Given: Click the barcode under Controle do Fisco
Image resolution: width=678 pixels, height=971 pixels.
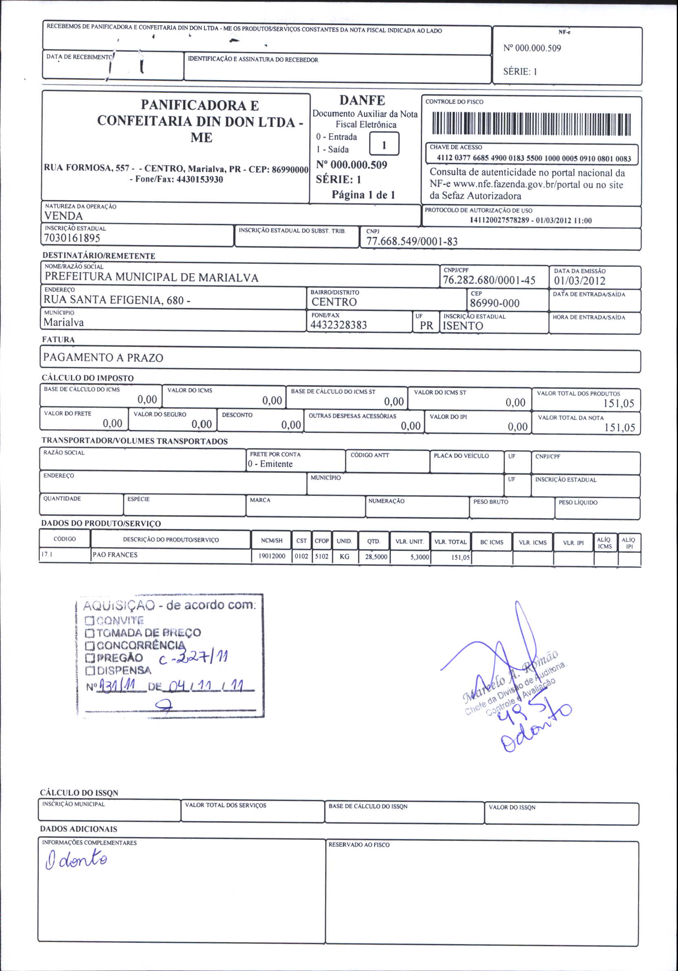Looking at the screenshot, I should click(531, 124).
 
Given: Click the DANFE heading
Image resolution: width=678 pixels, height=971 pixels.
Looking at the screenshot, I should click(362, 100).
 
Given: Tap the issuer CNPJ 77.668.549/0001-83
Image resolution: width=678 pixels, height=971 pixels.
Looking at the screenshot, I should click(412, 241).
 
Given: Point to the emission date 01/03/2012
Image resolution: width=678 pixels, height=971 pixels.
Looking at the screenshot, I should click(579, 281).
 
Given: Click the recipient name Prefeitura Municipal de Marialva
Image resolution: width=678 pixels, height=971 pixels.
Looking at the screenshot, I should click(151, 277).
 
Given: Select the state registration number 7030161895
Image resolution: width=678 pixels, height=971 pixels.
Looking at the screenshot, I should click(72, 238).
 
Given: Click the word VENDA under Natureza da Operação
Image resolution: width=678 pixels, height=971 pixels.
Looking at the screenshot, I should click(64, 216).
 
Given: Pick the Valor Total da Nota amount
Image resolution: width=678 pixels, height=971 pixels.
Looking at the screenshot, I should click(620, 427).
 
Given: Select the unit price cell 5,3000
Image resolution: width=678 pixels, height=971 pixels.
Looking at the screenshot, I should click(419, 557).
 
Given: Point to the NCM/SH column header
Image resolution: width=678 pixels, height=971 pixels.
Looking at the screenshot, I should click(272, 541).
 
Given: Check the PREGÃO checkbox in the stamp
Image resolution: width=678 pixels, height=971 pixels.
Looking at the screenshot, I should click(90, 658).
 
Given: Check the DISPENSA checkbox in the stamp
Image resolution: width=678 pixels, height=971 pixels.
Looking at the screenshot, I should click(90, 671).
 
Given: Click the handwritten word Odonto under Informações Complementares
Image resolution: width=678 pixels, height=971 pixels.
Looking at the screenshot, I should click(76, 860).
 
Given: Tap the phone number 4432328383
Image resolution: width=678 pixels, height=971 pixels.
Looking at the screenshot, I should click(339, 325).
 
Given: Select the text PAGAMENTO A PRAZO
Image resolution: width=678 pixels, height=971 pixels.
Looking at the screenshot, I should click(103, 358).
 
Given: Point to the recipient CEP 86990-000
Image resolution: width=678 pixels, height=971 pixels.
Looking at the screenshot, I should click(494, 303).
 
